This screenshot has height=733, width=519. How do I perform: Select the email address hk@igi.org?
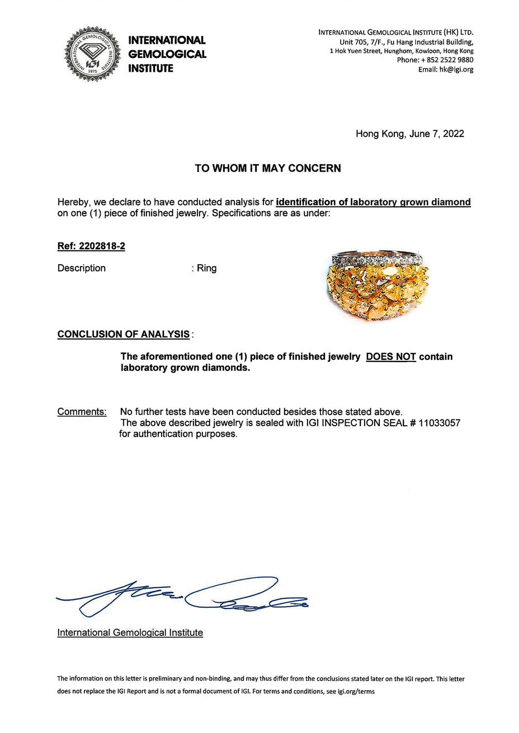(456, 70)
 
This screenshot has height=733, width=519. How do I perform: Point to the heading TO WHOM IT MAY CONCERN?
(267, 168)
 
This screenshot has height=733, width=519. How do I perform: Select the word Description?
(81, 268)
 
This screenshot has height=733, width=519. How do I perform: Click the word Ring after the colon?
(206, 268)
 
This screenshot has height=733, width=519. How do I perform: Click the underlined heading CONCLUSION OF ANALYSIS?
(123, 335)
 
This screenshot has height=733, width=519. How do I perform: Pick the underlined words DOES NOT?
(391, 356)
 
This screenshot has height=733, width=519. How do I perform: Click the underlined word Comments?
(82, 412)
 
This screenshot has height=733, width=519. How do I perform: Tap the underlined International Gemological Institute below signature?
(130, 633)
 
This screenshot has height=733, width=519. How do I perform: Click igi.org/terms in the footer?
(357, 691)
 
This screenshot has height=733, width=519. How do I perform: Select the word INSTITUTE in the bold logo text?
(151, 69)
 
